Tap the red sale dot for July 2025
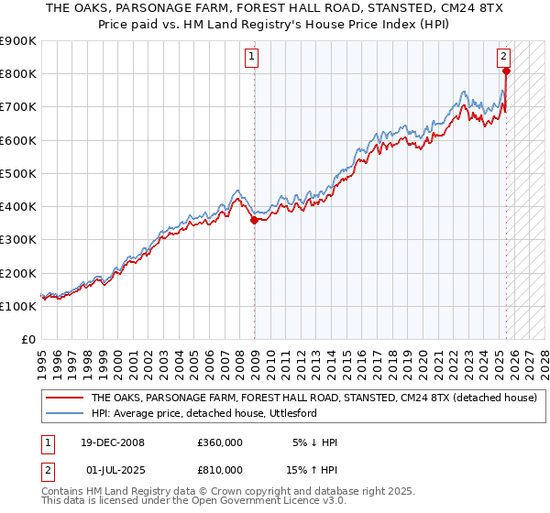coord(506,71)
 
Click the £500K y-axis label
coord(18,173)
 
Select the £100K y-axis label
coord(18,306)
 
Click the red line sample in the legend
coord(63,398)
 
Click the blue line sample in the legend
coord(63,413)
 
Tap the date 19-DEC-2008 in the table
coord(113,442)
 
